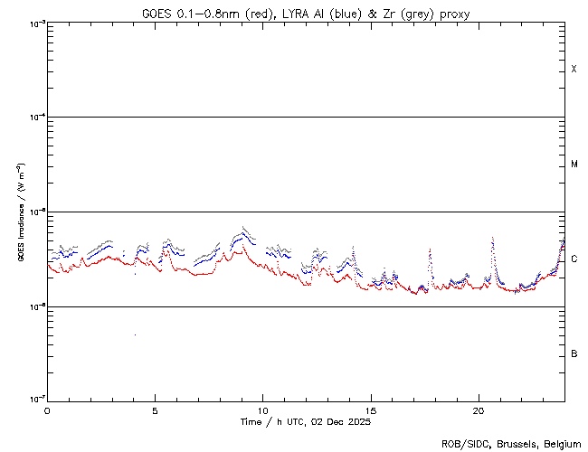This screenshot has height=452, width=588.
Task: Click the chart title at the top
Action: point(306,14)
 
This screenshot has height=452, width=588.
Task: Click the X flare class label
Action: point(574,70)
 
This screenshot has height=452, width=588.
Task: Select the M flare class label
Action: point(574,165)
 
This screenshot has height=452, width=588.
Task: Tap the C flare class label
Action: point(574,259)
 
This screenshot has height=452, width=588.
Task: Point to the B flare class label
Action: point(574,353)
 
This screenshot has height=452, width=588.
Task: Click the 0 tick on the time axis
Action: point(47,410)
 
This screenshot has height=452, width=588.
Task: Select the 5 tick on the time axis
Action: point(155,410)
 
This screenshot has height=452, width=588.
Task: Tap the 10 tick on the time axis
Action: point(263,410)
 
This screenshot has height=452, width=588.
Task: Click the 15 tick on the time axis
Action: point(371,410)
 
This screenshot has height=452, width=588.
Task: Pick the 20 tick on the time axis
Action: point(479,410)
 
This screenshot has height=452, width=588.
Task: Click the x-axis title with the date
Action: point(306,422)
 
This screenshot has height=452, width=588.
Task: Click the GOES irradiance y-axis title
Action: point(19,212)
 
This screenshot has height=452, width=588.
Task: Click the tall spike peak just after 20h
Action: point(492,238)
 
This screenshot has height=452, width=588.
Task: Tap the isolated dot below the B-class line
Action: point(135,335)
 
